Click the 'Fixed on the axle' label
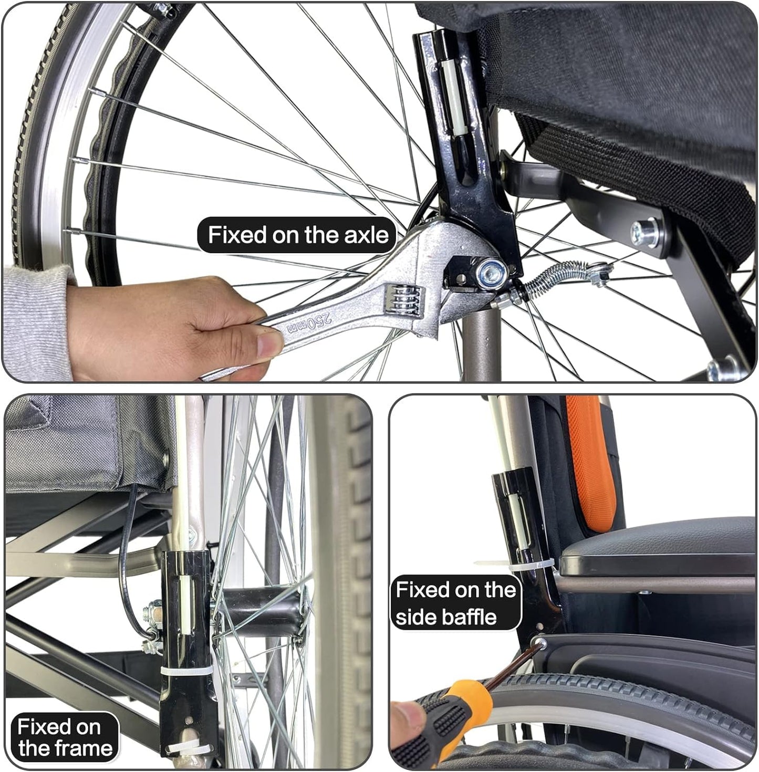[297, 235]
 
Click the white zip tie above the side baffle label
[515, 567]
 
